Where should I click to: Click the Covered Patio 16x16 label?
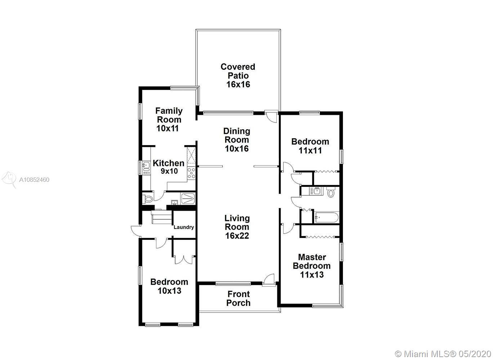(238, 76)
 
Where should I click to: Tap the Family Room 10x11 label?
(169, 120)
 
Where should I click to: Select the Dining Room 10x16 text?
(237, 140)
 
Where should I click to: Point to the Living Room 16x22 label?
(237, 227)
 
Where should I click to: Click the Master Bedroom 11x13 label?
(312, 266)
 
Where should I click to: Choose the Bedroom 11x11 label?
(310, 146)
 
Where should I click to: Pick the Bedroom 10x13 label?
(169, 286)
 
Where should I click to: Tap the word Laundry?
(184, 227)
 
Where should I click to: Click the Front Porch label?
(238, 298)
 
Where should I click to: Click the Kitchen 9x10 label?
(169, 167)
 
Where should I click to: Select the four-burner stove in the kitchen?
(191, 173)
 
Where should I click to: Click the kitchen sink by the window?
(146, 166)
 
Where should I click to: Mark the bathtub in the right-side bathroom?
(326, 217)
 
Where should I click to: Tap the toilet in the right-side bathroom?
(331, 193)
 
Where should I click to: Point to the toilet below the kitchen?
(147, 199)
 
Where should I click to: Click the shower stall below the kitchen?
(187, 198)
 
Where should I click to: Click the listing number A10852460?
(34, 180)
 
